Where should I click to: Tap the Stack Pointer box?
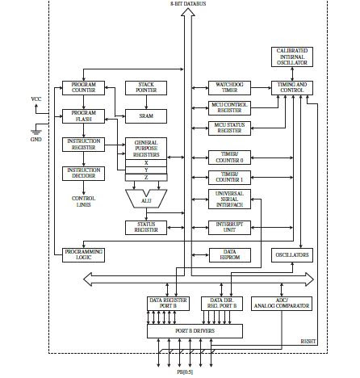tap(146, 88)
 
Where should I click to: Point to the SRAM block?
tap(146, 115)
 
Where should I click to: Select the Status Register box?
tap(146, 227)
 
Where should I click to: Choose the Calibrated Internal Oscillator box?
tap(292, 57)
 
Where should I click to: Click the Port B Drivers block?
tap(194, 330)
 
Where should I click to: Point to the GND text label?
tap(36, 139)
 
